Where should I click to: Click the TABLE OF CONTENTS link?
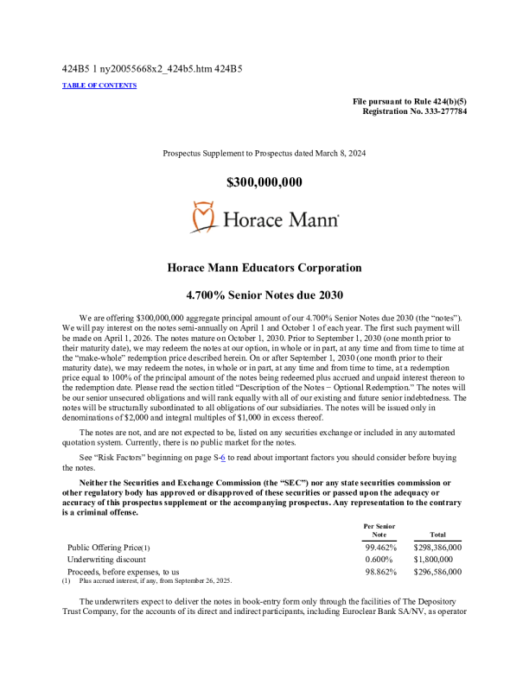point(99,85)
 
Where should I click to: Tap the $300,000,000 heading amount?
point(264,182)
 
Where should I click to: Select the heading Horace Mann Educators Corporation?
point(264,268)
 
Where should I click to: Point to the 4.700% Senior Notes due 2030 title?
point(264,294)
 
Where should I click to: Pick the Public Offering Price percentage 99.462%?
point(380,547)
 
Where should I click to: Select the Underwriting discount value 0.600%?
point(380,559)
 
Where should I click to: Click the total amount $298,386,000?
point(437,547)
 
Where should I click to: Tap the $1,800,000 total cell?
point(437,559)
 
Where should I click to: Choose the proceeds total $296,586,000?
point(437,571)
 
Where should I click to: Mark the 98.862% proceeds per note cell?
point(380,571)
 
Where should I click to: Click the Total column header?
point(437,535)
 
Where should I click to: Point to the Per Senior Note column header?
point(380,530)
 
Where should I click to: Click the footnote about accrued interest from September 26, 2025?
point(151,580)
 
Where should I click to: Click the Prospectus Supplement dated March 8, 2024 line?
point(264,153)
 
